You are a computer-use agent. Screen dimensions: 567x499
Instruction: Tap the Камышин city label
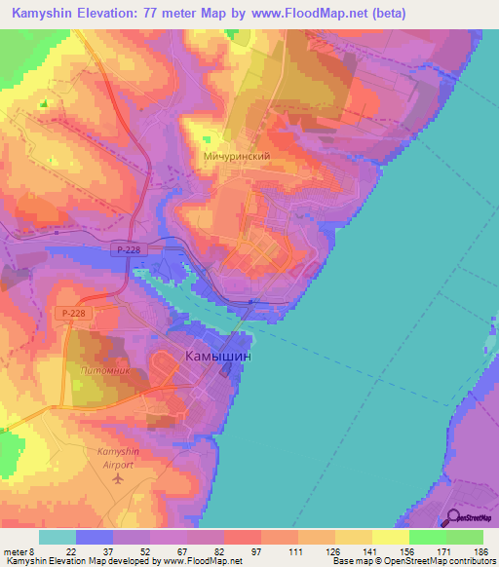pos(218,358)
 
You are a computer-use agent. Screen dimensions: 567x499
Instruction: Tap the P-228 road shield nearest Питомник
pos(71,313)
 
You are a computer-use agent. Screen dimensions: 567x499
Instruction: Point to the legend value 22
pos(70,551)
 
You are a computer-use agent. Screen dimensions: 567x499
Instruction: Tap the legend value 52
pos(144,551)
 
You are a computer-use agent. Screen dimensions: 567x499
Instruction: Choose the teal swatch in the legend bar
pos(57,537)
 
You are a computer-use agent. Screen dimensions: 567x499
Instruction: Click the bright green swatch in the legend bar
pos(428,537)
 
